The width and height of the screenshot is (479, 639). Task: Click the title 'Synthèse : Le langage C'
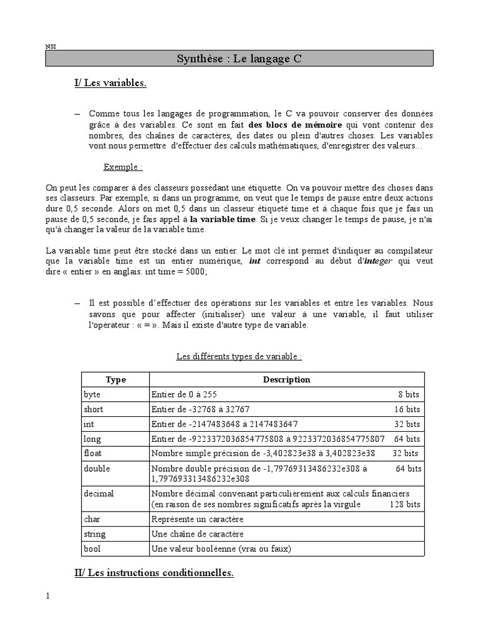pos(239,59)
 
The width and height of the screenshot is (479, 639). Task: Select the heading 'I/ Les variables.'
pos(110,84)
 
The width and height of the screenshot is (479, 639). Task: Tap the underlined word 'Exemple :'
pos(123,167)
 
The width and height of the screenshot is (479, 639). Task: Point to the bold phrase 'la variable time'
pos(223,220)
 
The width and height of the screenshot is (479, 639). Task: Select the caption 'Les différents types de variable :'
pos(239,356)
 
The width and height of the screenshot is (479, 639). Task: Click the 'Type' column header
pos(115,379)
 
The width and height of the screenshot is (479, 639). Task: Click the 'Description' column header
pos(286,379)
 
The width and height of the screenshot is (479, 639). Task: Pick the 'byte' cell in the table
pos(92,394)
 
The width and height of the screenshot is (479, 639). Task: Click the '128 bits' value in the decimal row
pos(405,504)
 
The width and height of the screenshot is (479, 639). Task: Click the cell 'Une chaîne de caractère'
pos(196,534)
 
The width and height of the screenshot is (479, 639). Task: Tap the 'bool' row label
pos(92,549)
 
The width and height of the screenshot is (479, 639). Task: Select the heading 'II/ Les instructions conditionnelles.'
pos(154,573)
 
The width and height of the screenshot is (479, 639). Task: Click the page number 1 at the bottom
pos(48,595)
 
